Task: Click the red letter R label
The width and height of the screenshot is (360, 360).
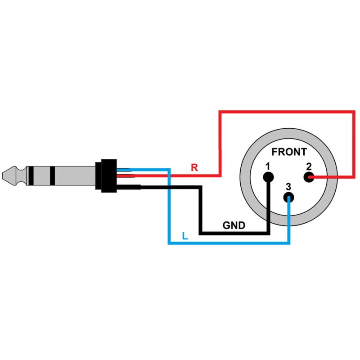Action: (194, 168)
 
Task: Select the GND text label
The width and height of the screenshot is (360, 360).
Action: (234, 225)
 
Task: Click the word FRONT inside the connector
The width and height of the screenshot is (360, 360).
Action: (289, 152)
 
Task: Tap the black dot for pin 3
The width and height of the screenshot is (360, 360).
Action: (289, 198)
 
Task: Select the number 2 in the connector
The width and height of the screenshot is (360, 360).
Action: (309, 166)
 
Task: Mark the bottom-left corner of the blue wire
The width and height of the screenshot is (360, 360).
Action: (169, 243)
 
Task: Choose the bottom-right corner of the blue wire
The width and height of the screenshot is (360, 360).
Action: (289, 243)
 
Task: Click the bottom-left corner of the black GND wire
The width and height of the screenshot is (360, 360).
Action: (201, 233)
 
